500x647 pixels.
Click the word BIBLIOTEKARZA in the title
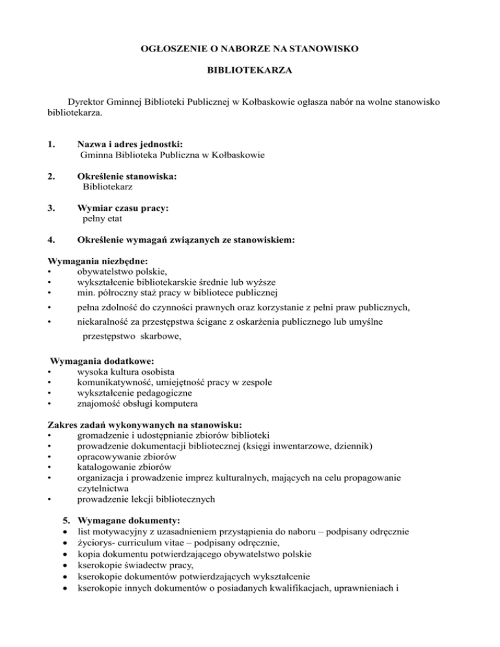(x=249, y=68)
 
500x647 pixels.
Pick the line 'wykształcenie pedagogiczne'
(x=134, y=392)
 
